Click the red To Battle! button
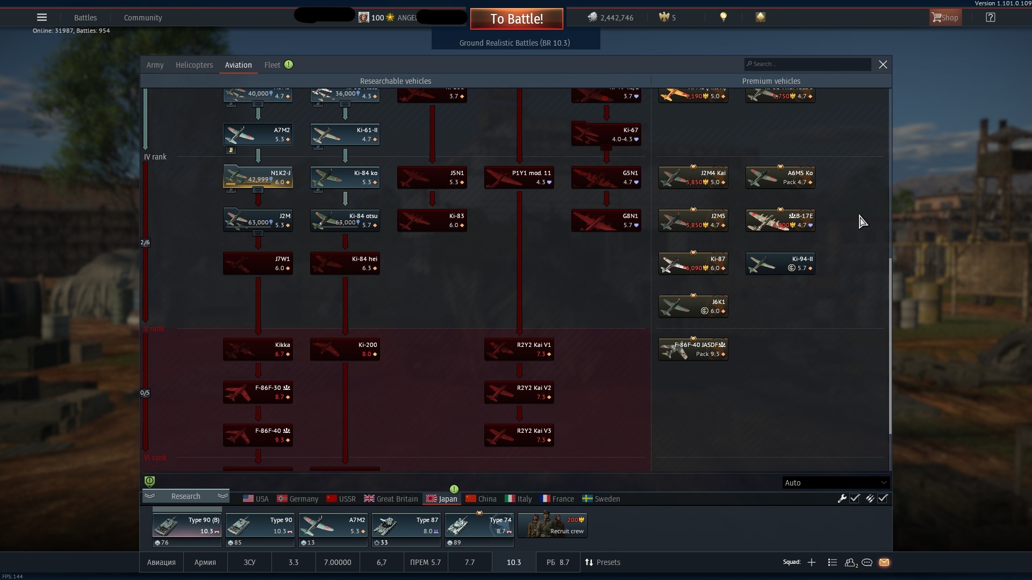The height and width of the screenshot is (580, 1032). (x=516, y=19)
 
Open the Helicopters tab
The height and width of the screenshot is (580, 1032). (x=194, y=65)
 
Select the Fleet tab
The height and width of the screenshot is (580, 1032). (x=273, y=65)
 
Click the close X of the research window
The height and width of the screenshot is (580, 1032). (x=883, y=64)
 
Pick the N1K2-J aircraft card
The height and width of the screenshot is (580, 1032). (x=258, y=177)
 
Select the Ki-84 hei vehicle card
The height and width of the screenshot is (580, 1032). (x=345, y=263)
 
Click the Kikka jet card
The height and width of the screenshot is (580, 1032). (x=258, y=349)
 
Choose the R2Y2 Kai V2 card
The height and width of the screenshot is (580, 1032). (x=519, y=392)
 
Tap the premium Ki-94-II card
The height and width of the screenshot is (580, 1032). (x=780, y=263)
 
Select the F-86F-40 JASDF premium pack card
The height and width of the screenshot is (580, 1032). (x=693, y=349)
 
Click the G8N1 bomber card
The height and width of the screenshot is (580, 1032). (x=606, y=220)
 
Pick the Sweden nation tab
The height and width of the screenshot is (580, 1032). (x=601, y=499)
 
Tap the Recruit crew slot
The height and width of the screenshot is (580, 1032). (x=553, y=525)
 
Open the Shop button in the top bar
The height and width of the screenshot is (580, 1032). (x=945, y=18)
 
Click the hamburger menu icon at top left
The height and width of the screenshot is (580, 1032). (x=42, y=17)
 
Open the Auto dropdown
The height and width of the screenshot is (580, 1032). (x=835, y=483)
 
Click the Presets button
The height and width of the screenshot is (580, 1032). (x=603, y=562)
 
